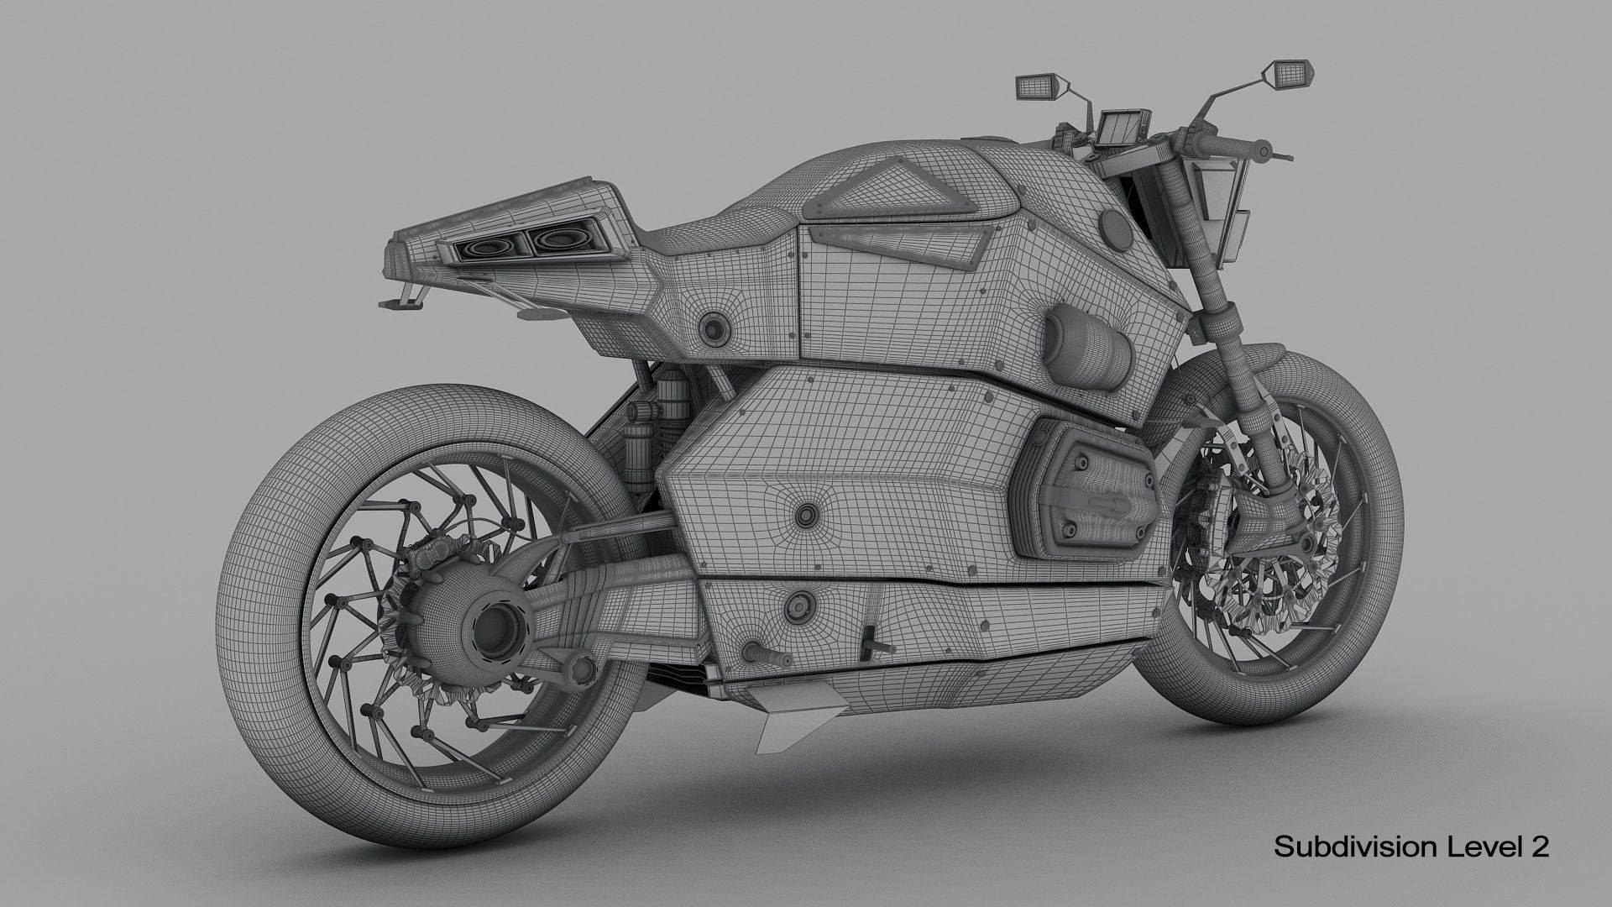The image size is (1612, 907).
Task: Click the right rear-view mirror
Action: tap(1280, 72)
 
